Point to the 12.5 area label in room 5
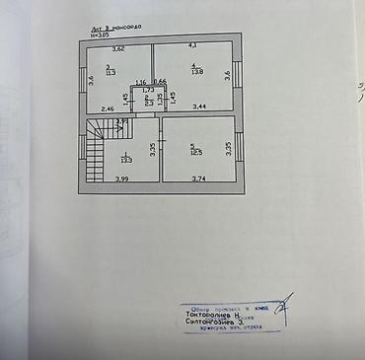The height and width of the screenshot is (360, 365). click(196, 150)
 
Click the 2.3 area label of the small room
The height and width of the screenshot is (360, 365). click(148, 103)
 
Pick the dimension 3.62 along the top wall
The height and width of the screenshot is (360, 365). click(117, 48)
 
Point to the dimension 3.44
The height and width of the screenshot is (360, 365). click(199, 106)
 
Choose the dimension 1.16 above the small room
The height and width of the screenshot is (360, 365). click(141, 82)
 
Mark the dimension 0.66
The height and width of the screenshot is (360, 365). click(161, 82)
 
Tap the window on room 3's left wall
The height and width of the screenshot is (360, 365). click(81, 77)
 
